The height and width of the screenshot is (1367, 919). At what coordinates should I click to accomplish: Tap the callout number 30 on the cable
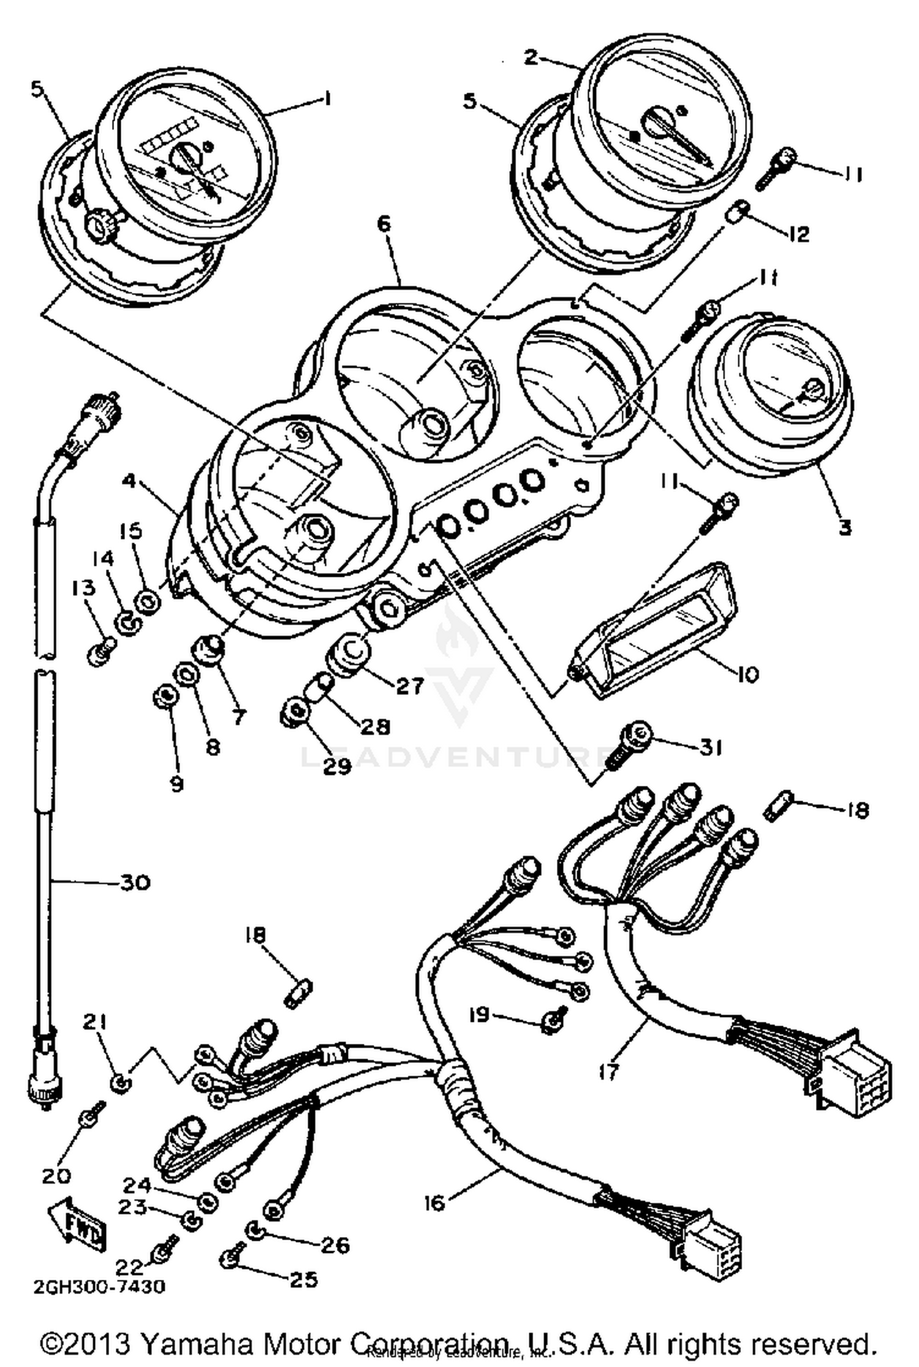[x=134, y=883]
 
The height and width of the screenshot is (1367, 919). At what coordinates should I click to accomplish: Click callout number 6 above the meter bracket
[x=383, y=224]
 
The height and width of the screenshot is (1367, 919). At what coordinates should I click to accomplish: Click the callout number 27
[x=409, y=687]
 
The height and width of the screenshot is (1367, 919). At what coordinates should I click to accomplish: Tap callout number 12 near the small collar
[x=796, y=234]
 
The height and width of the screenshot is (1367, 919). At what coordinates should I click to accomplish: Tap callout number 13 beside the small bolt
[x=84, y=588]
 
